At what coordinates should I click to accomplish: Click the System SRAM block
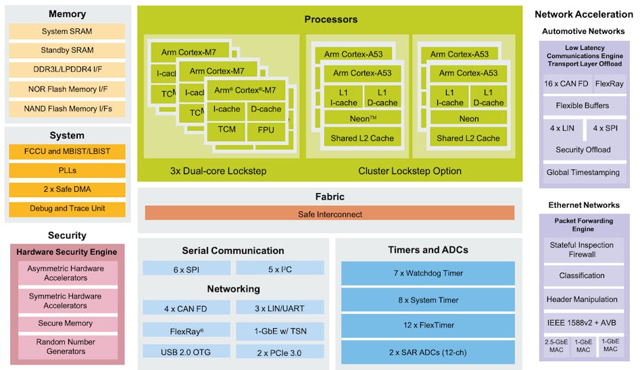click(67, 31)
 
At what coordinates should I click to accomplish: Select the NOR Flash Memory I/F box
click(67, 88)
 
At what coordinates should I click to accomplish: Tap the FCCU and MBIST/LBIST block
click(67, 152)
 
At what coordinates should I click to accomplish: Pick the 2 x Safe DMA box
click(67, 190)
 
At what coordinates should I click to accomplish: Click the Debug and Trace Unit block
click(67, 209)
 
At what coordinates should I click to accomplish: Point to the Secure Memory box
click(66, 323)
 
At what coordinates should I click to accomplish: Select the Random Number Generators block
click(66, 346)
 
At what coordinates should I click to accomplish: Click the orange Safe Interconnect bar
click(330, 214)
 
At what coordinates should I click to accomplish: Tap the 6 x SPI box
click(184, 269)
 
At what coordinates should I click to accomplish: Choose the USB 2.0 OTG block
click(184, 352)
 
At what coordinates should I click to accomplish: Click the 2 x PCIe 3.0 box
click(280, 352)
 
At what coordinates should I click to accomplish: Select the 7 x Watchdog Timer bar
click(427, 273)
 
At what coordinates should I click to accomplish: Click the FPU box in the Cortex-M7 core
click(266, 130)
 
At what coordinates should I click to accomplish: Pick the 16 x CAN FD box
click(566, 84)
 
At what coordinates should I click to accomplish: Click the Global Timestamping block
click(583, 172)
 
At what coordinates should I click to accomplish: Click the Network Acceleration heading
click(583, 14)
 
